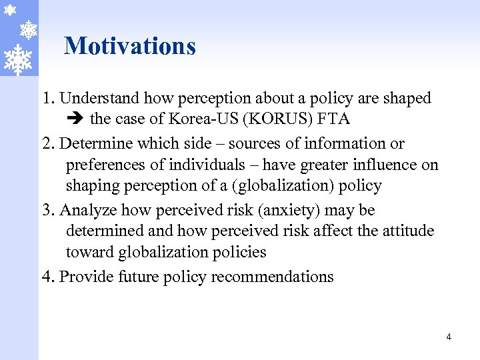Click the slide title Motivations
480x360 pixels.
click(x=130, y=46)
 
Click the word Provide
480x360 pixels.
click(x=85, y=277)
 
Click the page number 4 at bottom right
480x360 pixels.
click(x=449, y=337)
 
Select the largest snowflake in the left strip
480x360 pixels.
click(x=18, y=59)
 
